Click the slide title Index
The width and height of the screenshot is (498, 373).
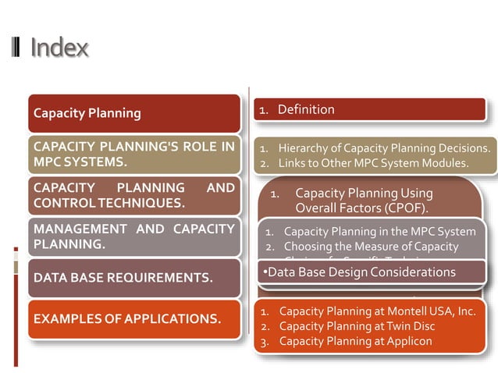click(59, 48)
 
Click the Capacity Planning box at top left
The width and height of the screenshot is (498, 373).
click(133, 113)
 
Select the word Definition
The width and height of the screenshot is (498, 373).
click(306, 109)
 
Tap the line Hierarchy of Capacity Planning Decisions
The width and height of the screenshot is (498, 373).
click(384, 147)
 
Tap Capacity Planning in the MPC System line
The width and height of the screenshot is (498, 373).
click(379, 231)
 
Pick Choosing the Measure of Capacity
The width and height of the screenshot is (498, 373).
click(371, 247)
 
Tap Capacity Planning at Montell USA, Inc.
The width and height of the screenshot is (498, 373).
click(377, 311)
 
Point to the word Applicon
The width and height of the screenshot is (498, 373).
click(404, 341)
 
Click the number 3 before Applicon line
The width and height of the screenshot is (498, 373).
click(264, 341)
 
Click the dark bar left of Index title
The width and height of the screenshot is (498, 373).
click(17, 48)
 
